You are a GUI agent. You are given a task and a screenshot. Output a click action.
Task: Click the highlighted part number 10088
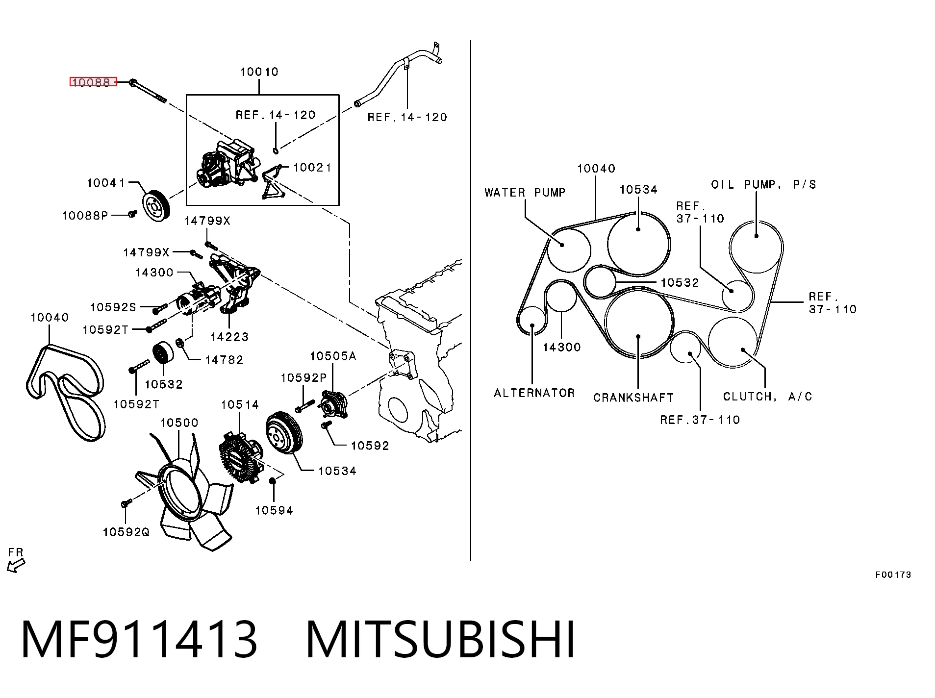(x=93, y=82)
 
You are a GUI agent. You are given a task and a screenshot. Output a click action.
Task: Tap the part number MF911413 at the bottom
(x=139, y=639)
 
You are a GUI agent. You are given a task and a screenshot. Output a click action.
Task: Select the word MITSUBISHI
(x=440, y=639)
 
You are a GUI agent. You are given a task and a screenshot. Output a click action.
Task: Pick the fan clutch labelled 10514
(x=241, y=456)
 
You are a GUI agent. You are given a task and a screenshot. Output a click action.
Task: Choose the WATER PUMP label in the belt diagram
(x=525, y=193)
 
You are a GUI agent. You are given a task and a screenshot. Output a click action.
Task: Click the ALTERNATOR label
(x=534, y=393)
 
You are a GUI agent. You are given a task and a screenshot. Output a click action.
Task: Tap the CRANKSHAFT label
(x=633, y=397)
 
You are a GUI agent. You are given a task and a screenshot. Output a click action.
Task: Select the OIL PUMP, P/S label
(x=763, y=184)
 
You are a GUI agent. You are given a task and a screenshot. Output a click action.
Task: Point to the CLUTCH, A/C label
(x=767, y=396)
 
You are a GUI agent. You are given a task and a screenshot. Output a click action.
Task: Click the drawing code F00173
(x=893, y=574)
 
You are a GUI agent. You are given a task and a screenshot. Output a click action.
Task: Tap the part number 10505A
(x=333, y=356)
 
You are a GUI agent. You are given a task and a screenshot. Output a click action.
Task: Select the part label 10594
(x=274, y=510)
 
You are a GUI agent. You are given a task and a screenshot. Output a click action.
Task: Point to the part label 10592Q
(x=126, y=532)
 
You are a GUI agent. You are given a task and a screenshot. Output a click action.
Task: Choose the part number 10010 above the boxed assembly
(x=259, y=72)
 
